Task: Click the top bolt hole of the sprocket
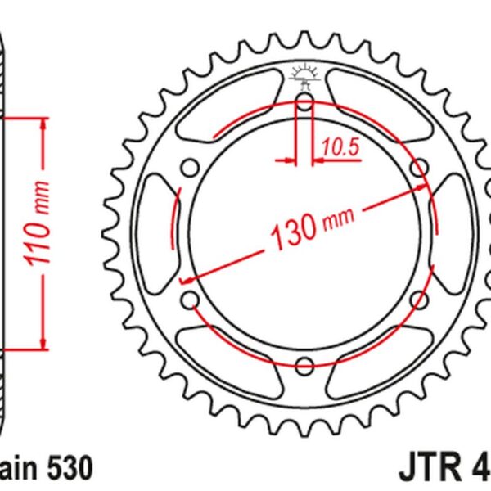tap(304, 103)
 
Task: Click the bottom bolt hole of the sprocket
tap(304, 364)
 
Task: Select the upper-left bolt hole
tap(191, 169)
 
